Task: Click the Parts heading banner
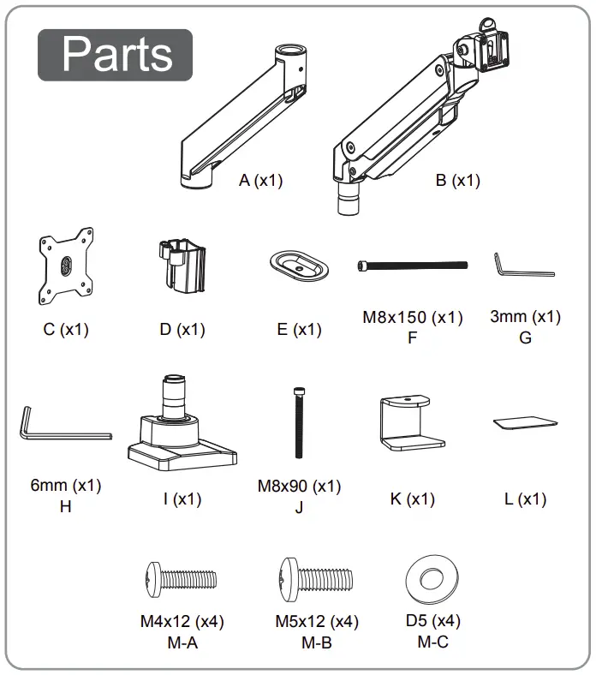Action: click(x=116, y=55)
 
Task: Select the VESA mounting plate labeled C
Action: click(x=66, y=266)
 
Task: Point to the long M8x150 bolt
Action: click(x=412, y=266)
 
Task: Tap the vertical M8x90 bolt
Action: click(x=299, y=423)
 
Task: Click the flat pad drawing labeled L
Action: click(x=524, y=422)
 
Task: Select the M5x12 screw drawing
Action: click(x=315, y=576)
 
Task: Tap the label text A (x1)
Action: click(x=260, y=181)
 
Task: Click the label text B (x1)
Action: click(x=457, y=181)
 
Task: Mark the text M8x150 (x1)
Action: click(x=412, y=318)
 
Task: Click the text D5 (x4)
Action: click(x=432, y=621)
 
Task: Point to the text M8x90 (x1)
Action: click(x=299, y=487)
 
